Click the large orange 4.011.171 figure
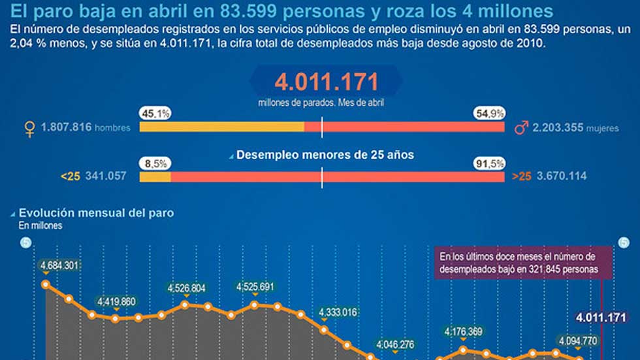click(x=326, y=82)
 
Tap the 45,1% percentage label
click(x=155, y=114)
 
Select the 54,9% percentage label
click(x=490, y=114)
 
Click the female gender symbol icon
click(x=29, y=127)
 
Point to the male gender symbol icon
click(x=521, y=127)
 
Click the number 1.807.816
click(x=66, y=128)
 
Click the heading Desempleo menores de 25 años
click(x=325, y=155)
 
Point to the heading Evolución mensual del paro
click(x=96, y=212)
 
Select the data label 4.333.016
click(x=338, y=312)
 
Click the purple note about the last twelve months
click(x=525, y=263)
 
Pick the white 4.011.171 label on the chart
click(x=601, y=318)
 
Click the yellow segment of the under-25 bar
click(x=155, y=176)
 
